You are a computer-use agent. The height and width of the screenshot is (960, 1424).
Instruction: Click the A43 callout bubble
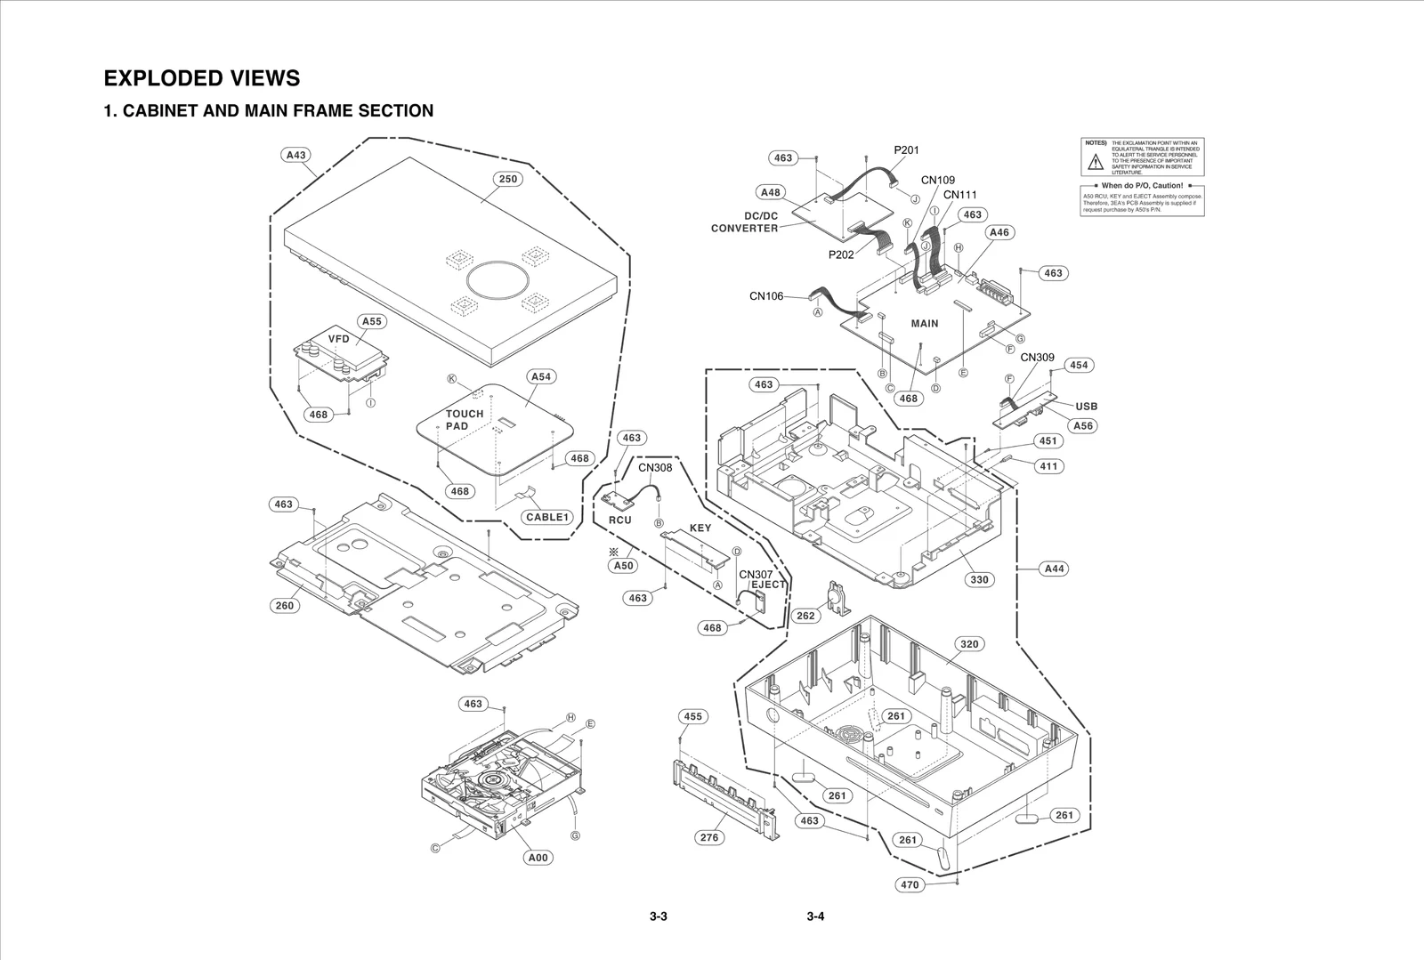[295, 155]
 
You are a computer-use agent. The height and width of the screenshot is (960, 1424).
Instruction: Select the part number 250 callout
[507, 179]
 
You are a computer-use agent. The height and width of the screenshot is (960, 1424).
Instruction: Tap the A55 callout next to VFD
[371, 321]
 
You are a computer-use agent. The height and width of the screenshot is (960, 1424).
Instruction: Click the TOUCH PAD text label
[465, 420]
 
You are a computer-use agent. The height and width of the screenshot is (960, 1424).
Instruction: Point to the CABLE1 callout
[546, 517]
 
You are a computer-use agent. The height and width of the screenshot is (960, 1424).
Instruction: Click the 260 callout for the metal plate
[284, 606]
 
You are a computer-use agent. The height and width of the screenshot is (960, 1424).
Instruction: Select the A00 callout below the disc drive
[538, 858]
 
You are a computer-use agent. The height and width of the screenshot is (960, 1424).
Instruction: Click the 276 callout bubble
[709, 837]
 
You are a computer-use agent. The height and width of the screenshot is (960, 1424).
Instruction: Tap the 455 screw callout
[692, 716]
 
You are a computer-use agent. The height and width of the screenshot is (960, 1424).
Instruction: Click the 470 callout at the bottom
[910, 885]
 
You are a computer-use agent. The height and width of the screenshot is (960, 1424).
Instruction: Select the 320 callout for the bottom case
[969, 644]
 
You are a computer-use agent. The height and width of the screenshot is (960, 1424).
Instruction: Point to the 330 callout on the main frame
[979, 579]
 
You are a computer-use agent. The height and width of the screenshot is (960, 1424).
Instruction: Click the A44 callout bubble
[1054, 569]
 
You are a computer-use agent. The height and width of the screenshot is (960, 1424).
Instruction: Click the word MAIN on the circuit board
[925, 324]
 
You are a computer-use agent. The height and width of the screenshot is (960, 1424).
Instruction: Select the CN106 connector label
[766, 296]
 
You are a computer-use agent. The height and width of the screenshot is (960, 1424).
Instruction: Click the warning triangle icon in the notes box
[1096, 161]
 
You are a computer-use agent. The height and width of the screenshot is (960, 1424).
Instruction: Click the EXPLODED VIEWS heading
[202, 78]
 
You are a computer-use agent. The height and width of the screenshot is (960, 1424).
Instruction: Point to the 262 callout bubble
[805, 616]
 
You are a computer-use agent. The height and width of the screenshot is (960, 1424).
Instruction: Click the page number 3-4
[815, 917]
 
